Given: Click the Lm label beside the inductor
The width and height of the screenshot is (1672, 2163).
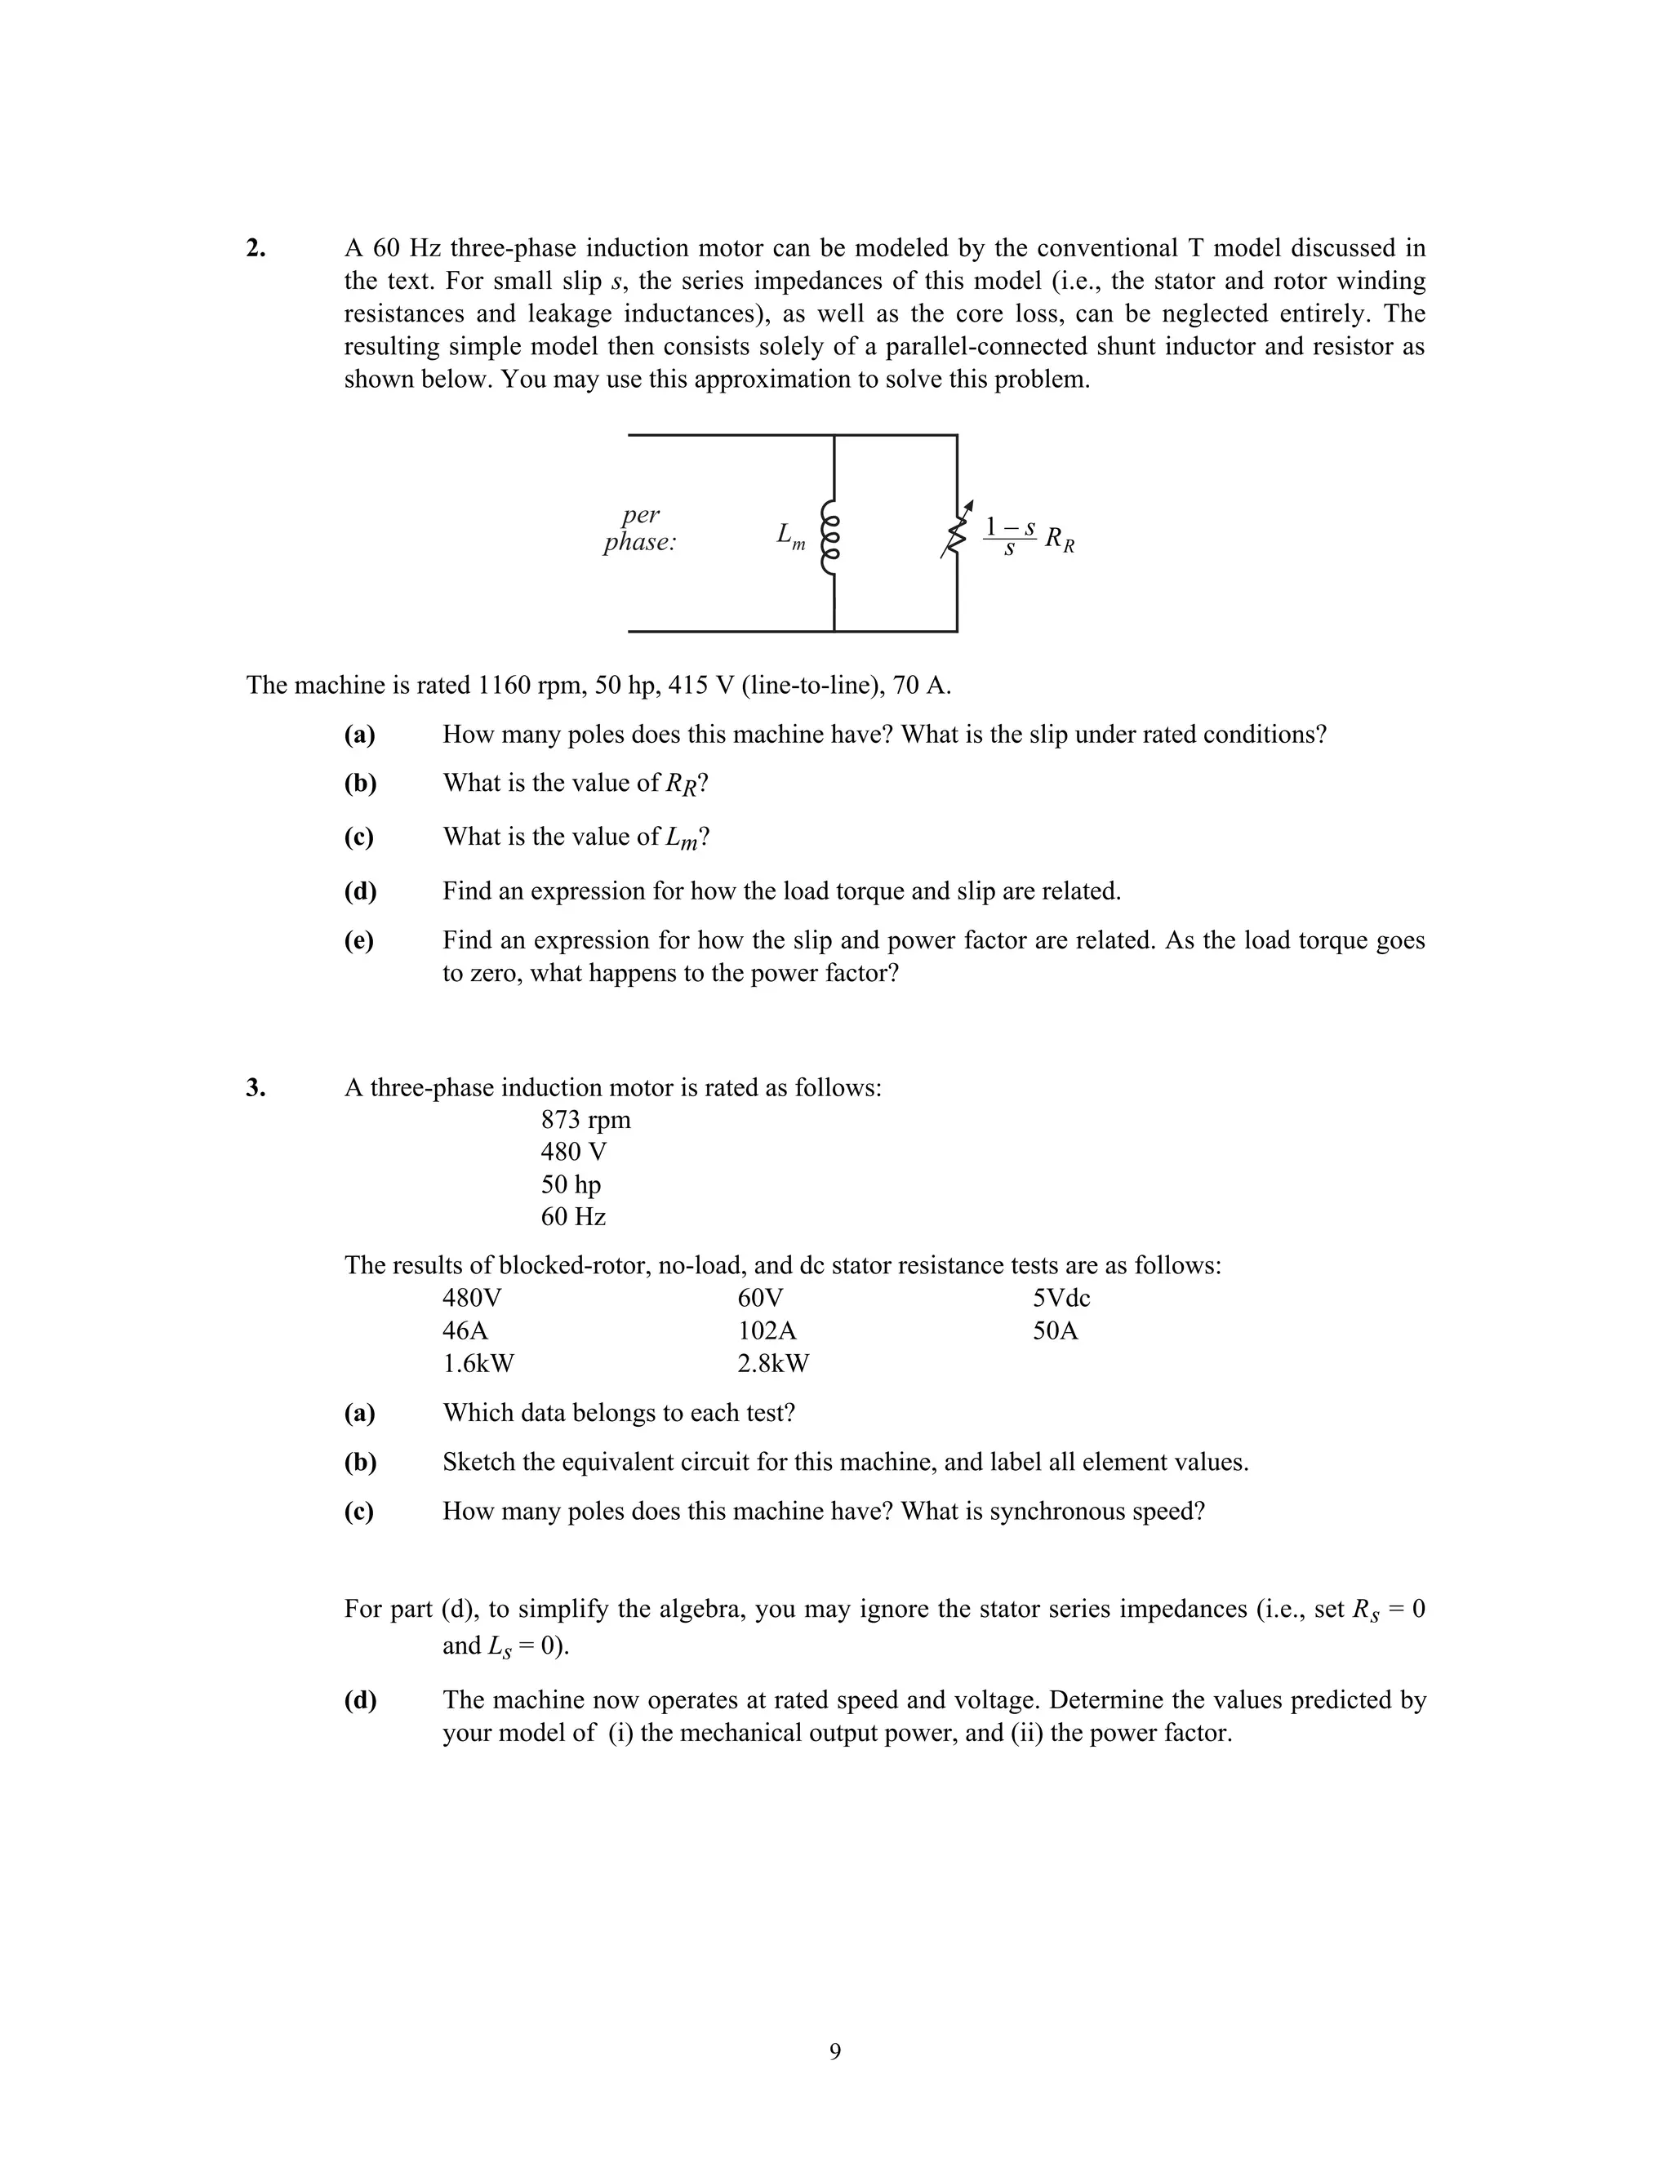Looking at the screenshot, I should [790, 535].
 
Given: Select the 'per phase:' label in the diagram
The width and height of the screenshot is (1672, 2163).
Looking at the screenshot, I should [640, 529].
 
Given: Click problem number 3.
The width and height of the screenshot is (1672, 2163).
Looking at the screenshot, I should [256, 1087].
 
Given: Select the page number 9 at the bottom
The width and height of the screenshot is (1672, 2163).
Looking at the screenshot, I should [835, 2051].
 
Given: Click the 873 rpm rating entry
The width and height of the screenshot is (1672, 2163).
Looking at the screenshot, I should [585, 1120].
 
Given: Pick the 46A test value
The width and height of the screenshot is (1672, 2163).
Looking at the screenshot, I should [465, 1330].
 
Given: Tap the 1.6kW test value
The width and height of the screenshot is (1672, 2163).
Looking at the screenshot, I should [478, 1363].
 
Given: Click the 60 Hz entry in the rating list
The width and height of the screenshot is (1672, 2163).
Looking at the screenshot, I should [572, 1216].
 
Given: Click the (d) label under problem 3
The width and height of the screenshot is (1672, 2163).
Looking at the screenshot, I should [359, 1699].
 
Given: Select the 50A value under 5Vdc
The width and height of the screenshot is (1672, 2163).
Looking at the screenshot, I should [1055, 1330].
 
